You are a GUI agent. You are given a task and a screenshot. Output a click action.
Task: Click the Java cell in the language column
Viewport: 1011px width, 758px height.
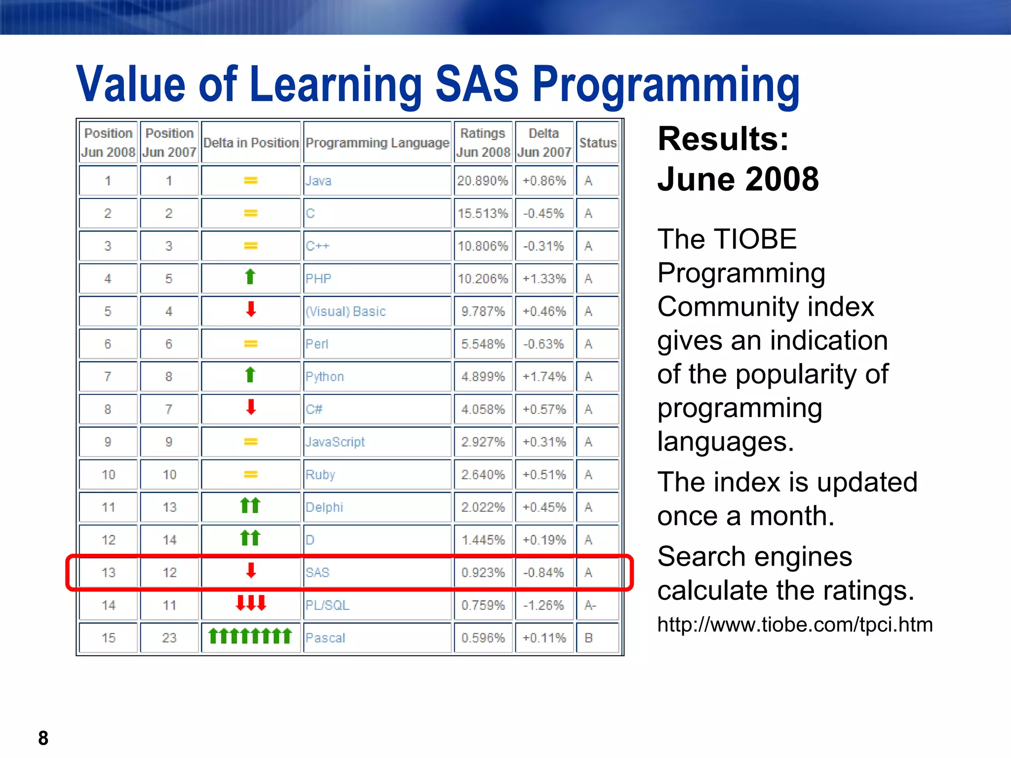point(318,181)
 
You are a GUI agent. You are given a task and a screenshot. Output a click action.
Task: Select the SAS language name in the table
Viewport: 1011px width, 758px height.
point(317,572)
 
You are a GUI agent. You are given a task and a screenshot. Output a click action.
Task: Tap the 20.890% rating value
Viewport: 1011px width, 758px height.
point(482,181)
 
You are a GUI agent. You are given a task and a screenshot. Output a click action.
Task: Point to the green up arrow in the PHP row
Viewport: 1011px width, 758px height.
point(250,277)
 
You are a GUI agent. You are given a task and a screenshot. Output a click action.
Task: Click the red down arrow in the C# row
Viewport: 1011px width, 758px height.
point(251,408)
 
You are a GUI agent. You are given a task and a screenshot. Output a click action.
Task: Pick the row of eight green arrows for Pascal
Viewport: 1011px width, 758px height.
point(250,636)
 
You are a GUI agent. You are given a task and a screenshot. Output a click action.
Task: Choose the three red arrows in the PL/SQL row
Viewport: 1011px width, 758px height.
point(251,603)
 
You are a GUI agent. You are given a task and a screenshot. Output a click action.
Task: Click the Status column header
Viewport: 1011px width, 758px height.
point(597,143)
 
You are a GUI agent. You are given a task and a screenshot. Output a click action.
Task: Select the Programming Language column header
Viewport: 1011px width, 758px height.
point(377,143)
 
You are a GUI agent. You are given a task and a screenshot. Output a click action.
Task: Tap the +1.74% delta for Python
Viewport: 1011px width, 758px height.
point(544,377)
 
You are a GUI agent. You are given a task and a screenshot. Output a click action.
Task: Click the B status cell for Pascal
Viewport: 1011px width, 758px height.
point(588,638)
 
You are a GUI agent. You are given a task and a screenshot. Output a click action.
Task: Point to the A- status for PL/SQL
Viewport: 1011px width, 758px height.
point(590,605)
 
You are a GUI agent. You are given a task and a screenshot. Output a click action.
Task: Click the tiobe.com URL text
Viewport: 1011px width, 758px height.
point(795,625)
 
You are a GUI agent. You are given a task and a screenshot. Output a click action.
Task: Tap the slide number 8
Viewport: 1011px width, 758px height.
point(43,738)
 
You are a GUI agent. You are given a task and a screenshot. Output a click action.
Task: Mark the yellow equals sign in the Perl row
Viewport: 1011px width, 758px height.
point(251,343)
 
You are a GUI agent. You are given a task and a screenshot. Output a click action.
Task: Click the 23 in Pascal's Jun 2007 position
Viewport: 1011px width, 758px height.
point(169,638)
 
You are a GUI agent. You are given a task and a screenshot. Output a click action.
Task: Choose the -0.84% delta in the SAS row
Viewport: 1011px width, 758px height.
point(544,572)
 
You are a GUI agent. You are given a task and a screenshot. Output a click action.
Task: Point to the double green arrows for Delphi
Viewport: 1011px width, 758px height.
point(250,506)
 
